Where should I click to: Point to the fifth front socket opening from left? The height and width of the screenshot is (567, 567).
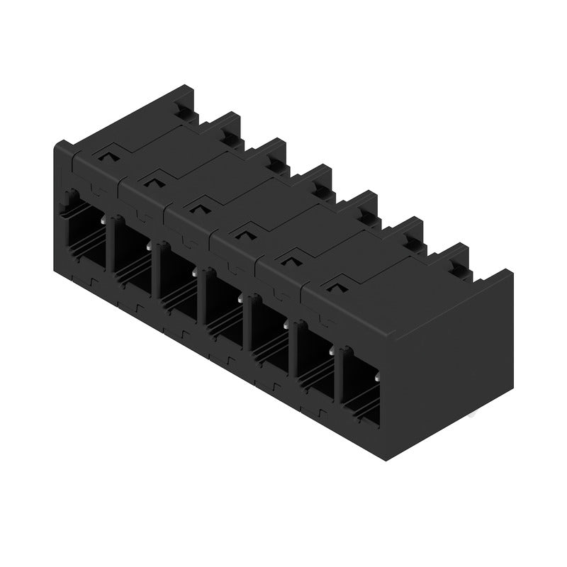pos(269,334)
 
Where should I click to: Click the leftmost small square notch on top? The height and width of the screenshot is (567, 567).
pos(108,154)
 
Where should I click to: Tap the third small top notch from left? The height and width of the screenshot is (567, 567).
pos(198,206)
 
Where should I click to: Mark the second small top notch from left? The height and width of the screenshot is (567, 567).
pos(153,180)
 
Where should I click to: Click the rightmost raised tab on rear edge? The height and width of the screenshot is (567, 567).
pos(456,259)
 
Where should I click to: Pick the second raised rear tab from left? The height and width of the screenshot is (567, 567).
pos(231,131)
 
